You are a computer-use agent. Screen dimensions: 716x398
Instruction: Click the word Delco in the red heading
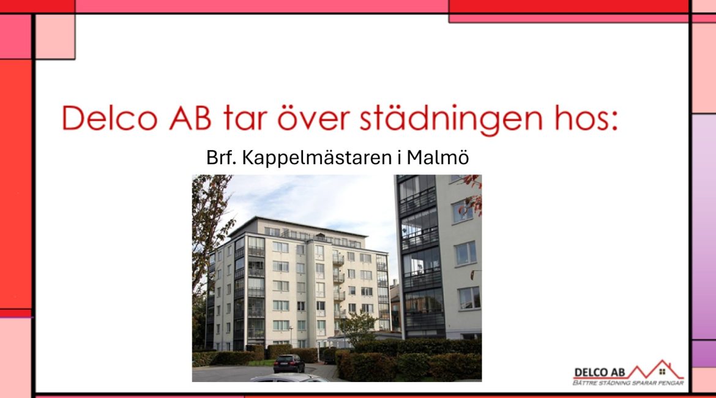(x=110, y=118)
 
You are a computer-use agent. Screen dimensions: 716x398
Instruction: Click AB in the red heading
(x=190, y=118)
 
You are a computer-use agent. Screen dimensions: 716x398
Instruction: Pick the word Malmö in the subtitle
(x=438, y=157)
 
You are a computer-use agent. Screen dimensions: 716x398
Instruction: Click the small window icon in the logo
(x=662, y=372)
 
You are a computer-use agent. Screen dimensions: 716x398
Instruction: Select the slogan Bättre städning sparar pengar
(x=628, y=383)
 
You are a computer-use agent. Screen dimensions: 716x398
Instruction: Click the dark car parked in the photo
(x=289, y=364)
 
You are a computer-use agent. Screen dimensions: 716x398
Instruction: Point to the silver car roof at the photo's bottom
(x=289, y=378)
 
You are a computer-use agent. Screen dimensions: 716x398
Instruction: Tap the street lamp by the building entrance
(x=291, y=336)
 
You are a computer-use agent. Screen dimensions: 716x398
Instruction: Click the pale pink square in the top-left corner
(x=55, y=37)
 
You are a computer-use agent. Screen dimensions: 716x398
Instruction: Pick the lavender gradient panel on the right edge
(x=704, y=227)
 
